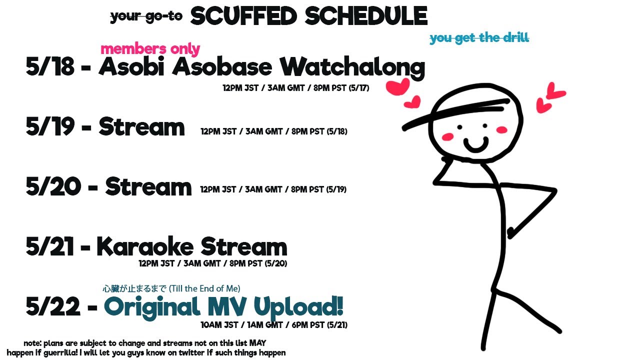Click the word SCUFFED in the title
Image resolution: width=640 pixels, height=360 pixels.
coord(243,16)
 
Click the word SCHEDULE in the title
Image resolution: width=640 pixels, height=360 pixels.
coord(366,16)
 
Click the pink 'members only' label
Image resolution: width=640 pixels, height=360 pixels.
coord(150,49)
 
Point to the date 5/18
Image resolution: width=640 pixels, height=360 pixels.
coord(50,66)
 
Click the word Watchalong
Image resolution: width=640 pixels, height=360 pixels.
coord(352,67)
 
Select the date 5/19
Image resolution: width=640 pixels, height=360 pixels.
coord(50,126)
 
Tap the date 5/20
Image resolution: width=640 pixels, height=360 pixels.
coord(53,186)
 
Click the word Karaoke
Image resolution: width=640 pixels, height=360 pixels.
coord(145,246)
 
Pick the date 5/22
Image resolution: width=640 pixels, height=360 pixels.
coord(53,306)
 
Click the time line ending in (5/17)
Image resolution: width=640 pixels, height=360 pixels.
coord(296,88)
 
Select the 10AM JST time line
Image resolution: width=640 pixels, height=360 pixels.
coord(274,325)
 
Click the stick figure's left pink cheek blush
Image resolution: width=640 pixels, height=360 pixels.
coord(447,137)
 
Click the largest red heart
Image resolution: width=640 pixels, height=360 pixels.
coord(397,86)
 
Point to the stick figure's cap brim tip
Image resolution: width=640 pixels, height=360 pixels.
coord(404,128)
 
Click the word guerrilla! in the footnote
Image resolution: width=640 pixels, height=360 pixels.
coord(60,353)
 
